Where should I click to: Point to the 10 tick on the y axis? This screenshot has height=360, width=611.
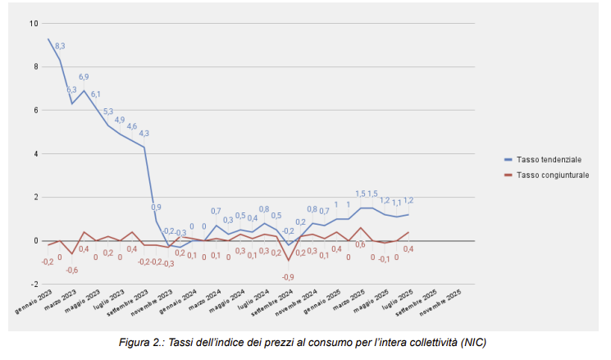34,23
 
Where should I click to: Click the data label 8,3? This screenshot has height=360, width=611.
60,47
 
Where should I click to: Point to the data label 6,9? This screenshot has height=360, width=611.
84,77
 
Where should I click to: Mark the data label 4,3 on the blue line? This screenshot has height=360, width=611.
144,134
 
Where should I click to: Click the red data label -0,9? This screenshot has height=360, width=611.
288,277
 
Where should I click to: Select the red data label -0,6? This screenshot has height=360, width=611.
72,270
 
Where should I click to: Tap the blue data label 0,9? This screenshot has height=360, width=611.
156,207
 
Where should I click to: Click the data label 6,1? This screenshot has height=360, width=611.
96,94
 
